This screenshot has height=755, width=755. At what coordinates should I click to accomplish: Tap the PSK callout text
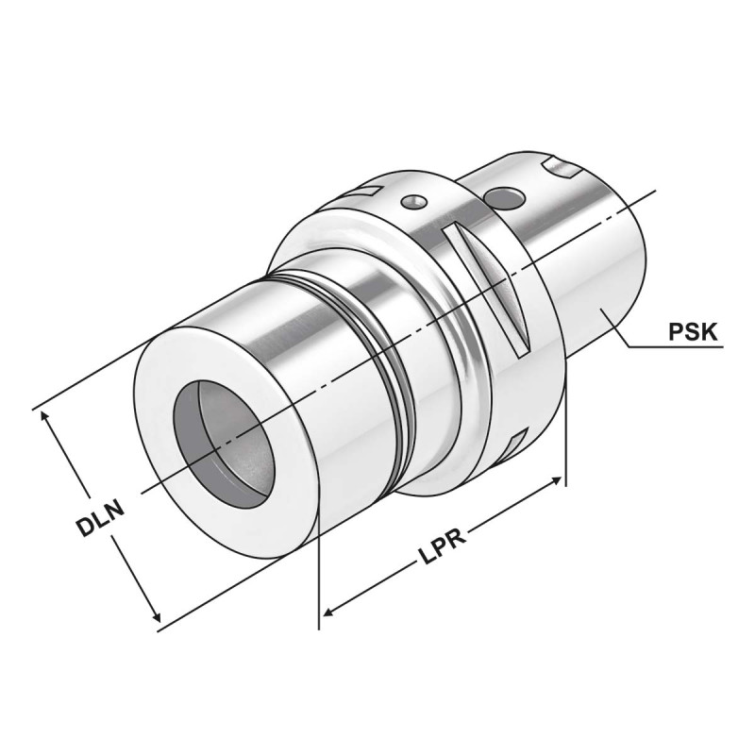[x=694, y=332]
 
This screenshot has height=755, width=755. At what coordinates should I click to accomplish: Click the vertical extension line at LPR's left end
[x=321, y=566]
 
